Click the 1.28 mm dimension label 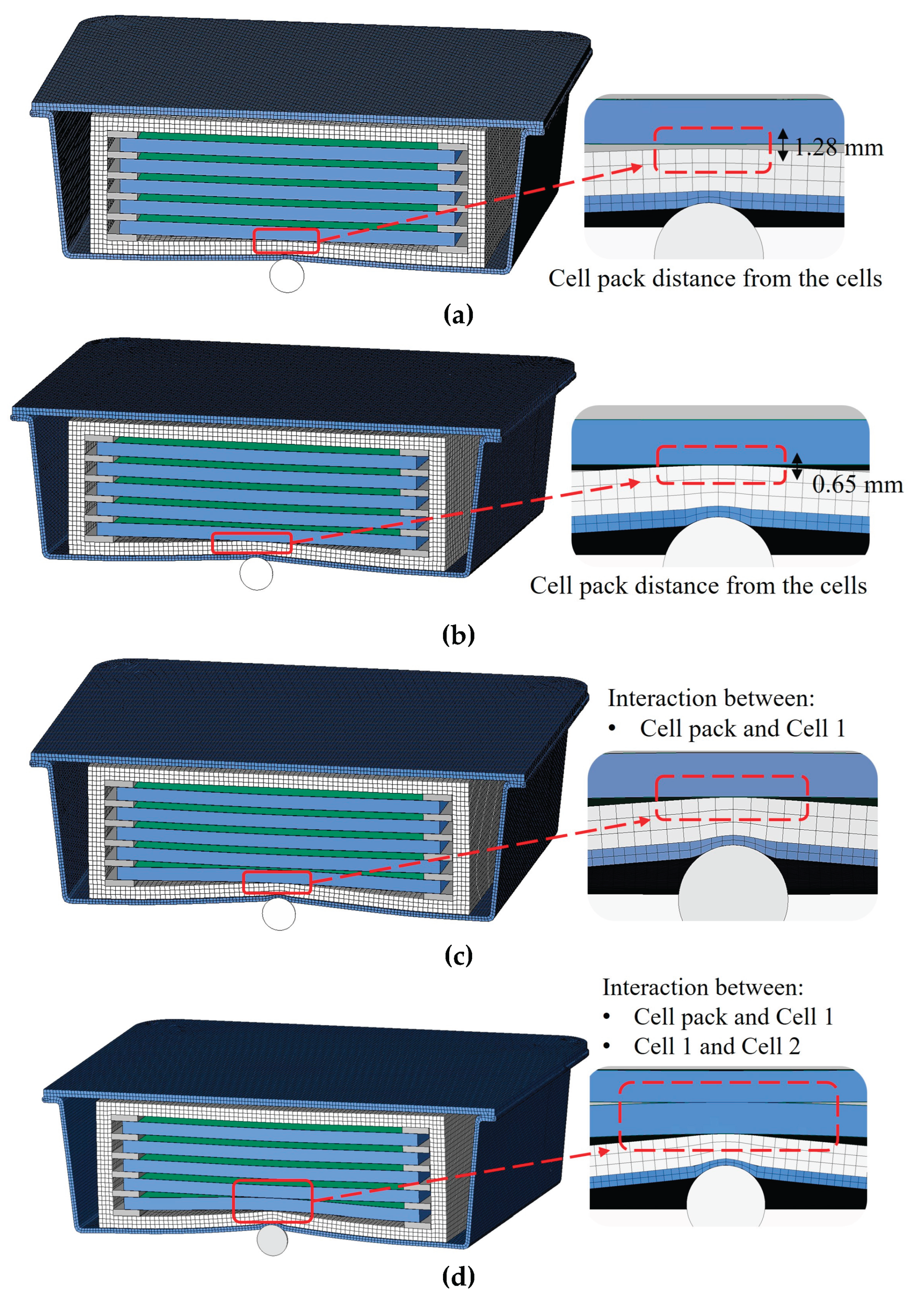click(839, 148)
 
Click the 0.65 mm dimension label click(857, 484)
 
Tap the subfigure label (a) click(458, 314)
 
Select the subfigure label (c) click(458, 955)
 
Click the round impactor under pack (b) click(256, 574)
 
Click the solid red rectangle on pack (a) click(286, 241)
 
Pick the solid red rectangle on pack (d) click(272, 1201)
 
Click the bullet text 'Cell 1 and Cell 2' click(716, 1046)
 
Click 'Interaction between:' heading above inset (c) click(711, 698)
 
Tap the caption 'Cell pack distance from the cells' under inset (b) click(698, 586)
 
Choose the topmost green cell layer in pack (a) click(287, 138)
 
